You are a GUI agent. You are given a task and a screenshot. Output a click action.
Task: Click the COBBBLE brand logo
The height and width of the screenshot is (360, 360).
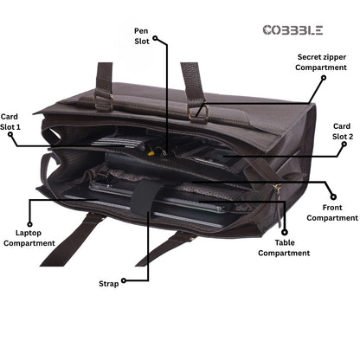point(292,30)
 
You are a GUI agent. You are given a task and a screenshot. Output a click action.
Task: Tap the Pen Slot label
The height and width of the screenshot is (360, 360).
point(142,36)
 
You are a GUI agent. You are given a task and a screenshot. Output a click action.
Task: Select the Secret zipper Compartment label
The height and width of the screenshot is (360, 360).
point(321,62)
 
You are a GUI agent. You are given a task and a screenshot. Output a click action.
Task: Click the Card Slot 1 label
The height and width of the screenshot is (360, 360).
point(10,122)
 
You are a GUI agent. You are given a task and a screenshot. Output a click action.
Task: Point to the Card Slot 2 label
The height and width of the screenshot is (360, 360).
point(343,132)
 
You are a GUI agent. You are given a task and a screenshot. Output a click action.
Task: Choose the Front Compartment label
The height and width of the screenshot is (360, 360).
point(332,213)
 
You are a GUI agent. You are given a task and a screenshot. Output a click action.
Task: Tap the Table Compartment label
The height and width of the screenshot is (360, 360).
point(284,247)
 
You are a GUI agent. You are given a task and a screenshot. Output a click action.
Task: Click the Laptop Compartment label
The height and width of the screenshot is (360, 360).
point(29,238)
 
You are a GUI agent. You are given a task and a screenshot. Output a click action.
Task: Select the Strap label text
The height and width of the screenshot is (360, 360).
point(109,284)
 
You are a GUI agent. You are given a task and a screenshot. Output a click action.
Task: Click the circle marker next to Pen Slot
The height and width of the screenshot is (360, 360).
point(155,38)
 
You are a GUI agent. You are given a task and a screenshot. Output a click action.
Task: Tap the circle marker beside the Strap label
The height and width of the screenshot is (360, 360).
point(124,280)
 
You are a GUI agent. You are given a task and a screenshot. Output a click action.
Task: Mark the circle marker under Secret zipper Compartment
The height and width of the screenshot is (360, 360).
point(324,78)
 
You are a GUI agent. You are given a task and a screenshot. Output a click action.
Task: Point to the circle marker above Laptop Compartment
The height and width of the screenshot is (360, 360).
point(29,224)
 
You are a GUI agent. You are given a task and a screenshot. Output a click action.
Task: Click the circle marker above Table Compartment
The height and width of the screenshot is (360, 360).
point(285,232)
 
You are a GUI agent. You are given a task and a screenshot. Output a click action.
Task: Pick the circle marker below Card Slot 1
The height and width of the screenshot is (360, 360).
point(10,134)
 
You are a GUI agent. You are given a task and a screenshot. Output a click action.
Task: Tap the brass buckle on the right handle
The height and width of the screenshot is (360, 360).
point(199,112)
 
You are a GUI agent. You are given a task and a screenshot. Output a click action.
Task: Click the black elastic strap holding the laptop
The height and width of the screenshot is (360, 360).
point(145,197)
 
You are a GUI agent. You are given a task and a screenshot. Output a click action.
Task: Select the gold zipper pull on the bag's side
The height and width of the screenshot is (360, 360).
point(278,189)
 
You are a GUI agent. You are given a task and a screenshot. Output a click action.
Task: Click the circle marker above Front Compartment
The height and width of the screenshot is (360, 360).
point(333,197)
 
